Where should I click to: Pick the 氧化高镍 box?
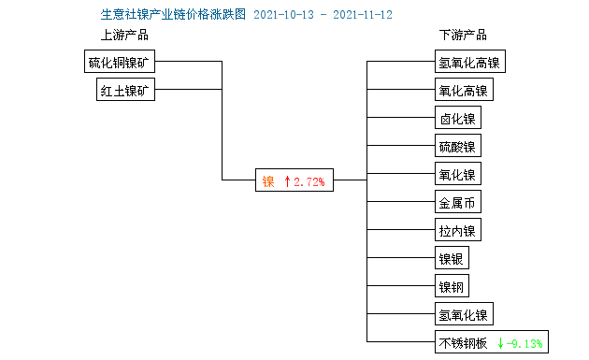[x=463, y=91]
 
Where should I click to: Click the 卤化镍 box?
[x=457, y=119]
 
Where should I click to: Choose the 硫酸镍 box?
[x=457, y=147]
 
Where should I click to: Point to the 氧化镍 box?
[x=457, y=175]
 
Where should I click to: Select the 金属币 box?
[x=457, y=203]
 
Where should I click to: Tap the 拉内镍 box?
[x=457, y=231]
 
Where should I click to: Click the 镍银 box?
[x=452, y=259]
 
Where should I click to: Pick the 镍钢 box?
[x=452, y=287]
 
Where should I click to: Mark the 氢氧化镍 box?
[x=463, y=315]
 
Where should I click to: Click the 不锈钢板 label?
[x=463, y=343]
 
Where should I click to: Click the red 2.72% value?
[x=309, y=181]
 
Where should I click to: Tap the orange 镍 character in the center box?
[x=267, y=181]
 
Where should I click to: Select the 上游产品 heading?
[x=124, y=36]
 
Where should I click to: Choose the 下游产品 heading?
[x=463, y=36]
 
